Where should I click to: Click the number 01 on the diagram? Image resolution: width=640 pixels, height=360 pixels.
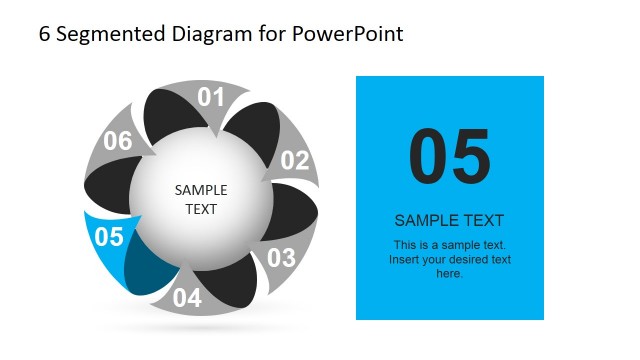pyautogui.click(x=210, y=98)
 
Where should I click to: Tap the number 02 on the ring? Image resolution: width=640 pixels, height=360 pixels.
pyautogui.click(x=295, y=160)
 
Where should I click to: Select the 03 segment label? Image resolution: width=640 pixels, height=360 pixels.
pyautogui.click(x=281, y=257)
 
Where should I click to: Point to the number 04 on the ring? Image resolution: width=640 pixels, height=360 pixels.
pyautogui.click(x=187, y=297)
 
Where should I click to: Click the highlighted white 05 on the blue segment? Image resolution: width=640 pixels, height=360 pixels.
pyautogui.click(x=108, y=237)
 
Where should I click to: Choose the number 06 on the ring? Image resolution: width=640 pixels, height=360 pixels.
pyautogui.click(x=118, y=141)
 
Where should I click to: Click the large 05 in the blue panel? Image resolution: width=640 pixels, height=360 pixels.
pyautogui.click(x=450, y=157)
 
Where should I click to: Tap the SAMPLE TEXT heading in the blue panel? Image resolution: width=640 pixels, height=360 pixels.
pyautogui.click(x=449, y=220)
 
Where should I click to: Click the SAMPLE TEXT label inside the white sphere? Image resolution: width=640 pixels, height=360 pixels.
pyautogui.click(x=201, y=199)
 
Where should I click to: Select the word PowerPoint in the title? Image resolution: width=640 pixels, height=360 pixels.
pyautogui.click(x=348, y=34)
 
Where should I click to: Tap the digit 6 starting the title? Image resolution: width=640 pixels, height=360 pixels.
pyautogui.click(x=44, y=34)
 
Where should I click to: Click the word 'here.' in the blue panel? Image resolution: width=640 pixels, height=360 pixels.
pyautogui.click(x=449, y=273)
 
